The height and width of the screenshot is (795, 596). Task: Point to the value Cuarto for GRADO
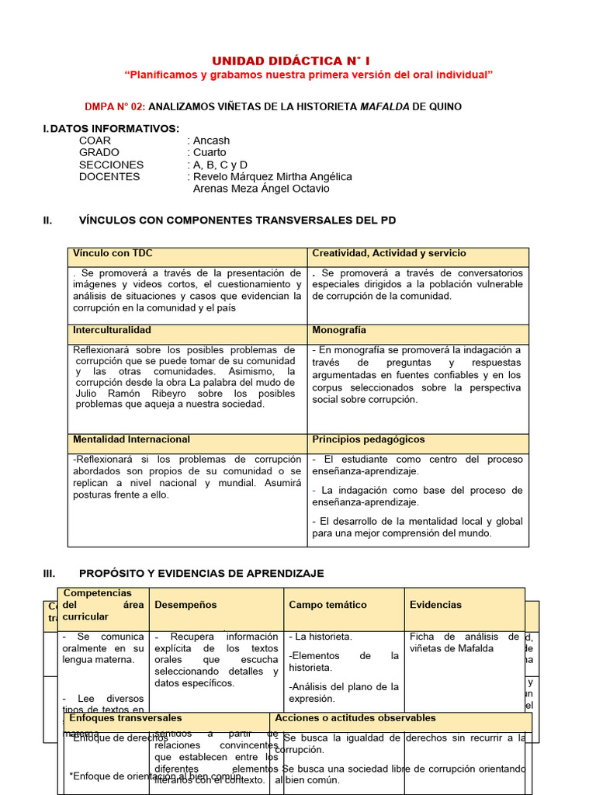pos(210,152)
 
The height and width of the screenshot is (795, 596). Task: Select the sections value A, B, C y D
pos(220,165)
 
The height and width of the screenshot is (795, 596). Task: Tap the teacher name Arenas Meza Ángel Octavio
pos(261,189)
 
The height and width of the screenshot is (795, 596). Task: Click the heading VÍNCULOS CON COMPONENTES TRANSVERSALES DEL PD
pos(237,220)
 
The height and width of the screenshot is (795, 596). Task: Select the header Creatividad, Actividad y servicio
pos(389,254)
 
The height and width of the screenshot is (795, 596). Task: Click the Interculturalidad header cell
pos(112,331)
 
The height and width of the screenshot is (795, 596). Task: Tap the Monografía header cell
pos(339,331)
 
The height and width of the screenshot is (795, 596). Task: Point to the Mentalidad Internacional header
pos(131,439)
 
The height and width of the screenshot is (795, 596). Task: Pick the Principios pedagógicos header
pos(369,439)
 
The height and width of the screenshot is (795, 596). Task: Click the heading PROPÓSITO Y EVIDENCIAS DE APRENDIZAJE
pos(201,574)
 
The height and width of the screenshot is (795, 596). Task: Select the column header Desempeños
pos(185,605)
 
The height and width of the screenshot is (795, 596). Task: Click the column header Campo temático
pos(327,605)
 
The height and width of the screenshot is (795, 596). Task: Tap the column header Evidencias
pos(435,605)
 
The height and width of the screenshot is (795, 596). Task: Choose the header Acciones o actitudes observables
pos(355,719)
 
